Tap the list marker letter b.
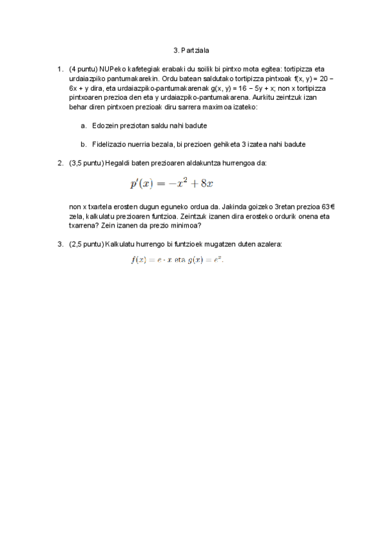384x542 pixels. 83,144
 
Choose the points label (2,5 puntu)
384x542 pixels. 86,244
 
